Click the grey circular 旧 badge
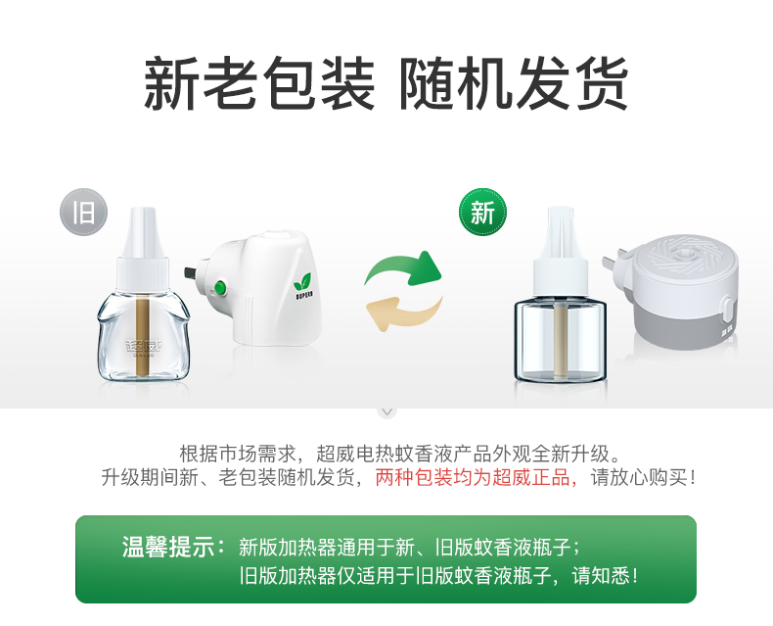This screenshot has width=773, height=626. (x=84, y=212)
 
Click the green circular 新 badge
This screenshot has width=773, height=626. (x=482, y=212)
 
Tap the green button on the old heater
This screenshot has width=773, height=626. (x=219, y=287)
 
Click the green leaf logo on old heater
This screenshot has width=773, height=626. (x=301, y=282)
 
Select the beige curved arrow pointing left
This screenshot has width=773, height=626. (x=403, y=313)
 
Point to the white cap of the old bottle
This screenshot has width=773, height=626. (x=143, y=251)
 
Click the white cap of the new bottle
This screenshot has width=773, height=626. (x=560, y=251)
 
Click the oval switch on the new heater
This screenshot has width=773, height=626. (x=725, y=311)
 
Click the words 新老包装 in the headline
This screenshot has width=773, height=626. (x=259, y=82)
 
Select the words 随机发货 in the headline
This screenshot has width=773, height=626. (x=514, y=82)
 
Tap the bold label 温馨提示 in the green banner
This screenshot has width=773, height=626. (x=168, y=547)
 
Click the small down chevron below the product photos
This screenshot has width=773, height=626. (x=387, y=411)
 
